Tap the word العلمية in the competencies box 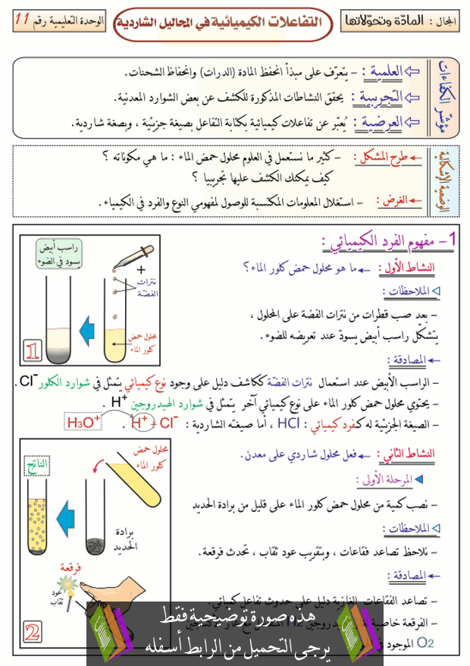384,72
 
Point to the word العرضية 382,121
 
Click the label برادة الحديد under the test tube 124,537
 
